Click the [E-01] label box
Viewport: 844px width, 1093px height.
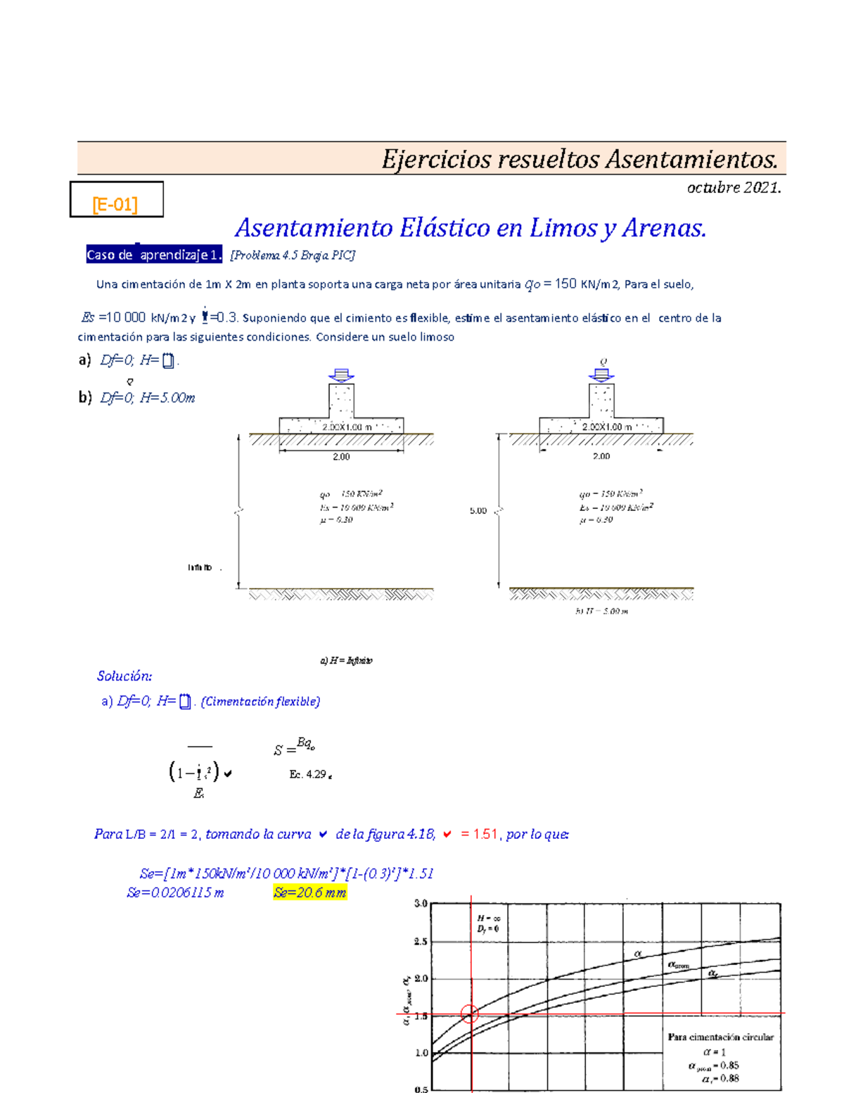116,200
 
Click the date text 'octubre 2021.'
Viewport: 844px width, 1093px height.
734,188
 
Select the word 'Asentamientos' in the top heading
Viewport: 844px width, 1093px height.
691,160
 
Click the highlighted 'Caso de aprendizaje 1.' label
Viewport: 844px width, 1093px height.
154,255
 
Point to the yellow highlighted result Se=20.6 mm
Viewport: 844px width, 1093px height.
310,893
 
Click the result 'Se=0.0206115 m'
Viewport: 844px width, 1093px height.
175,893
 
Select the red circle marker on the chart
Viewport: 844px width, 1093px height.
470,1014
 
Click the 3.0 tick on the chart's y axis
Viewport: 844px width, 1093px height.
421,904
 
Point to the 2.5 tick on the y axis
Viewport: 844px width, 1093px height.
421,942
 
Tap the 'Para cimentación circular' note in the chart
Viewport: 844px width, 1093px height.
720,1037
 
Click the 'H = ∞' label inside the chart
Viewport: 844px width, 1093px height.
488,918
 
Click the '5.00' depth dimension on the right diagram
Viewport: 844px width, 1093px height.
478,511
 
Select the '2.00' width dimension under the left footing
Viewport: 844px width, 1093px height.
341,457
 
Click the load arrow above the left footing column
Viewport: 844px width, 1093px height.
341,374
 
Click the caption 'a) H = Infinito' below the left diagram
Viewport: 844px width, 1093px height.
346,661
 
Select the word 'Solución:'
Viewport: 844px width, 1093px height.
124,676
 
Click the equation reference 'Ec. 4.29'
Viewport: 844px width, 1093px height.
309,774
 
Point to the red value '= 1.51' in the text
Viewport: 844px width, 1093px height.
480,835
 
